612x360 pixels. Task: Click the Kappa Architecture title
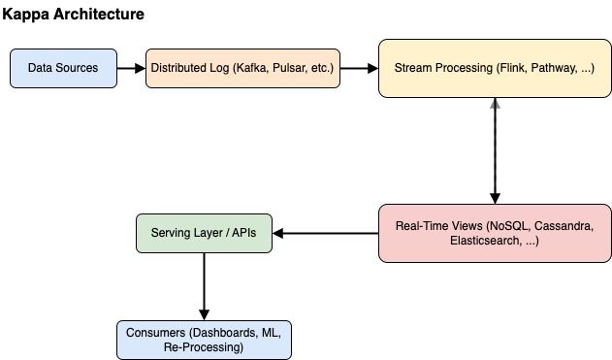75,15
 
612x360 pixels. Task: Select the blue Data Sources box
63,69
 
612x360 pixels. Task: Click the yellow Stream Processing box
495,69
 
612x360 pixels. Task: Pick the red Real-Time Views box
495,233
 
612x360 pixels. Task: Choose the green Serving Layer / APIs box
204,234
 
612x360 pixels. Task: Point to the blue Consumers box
204,341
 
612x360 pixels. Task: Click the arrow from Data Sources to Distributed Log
130,69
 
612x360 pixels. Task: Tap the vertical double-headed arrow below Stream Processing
495,150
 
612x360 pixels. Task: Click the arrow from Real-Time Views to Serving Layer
325,234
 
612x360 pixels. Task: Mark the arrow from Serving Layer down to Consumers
204,286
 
